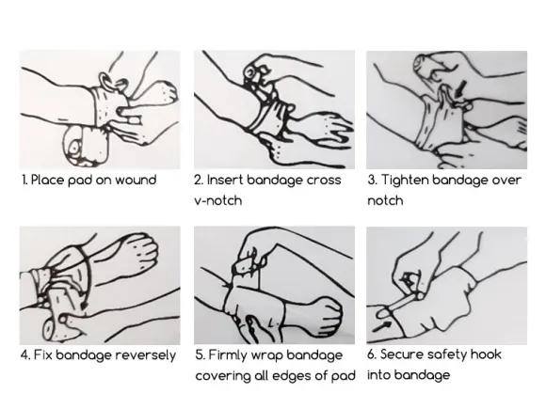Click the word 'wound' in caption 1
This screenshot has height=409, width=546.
136,181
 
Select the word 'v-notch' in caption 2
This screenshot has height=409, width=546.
218,200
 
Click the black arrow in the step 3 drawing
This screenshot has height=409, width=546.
460,88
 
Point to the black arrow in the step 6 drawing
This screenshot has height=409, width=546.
381,326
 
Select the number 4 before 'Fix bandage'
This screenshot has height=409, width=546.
25,355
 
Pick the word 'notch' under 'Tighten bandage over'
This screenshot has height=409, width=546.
385,200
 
